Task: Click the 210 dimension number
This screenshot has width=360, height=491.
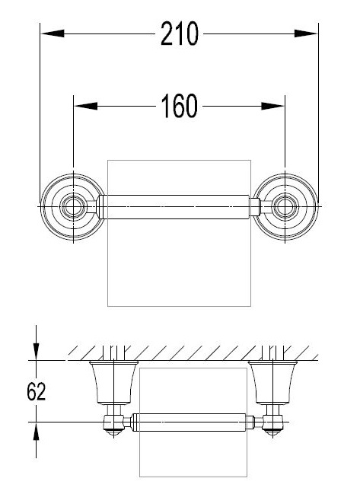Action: point(180,33)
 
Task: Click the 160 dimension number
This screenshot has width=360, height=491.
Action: point(180,106)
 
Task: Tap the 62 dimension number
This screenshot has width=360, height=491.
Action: point(37,391)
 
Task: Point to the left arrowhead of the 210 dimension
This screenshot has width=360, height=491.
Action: point(53,33)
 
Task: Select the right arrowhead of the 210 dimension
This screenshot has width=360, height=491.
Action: point(306,33)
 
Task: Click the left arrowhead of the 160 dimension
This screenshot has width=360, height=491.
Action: point(85,106)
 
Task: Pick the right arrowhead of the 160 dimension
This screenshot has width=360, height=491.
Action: point(272,106)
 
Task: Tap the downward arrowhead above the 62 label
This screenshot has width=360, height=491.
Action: point(37,352)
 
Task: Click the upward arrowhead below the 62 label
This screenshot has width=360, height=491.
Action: point(37,431)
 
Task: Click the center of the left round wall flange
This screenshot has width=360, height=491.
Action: point(73,206)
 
